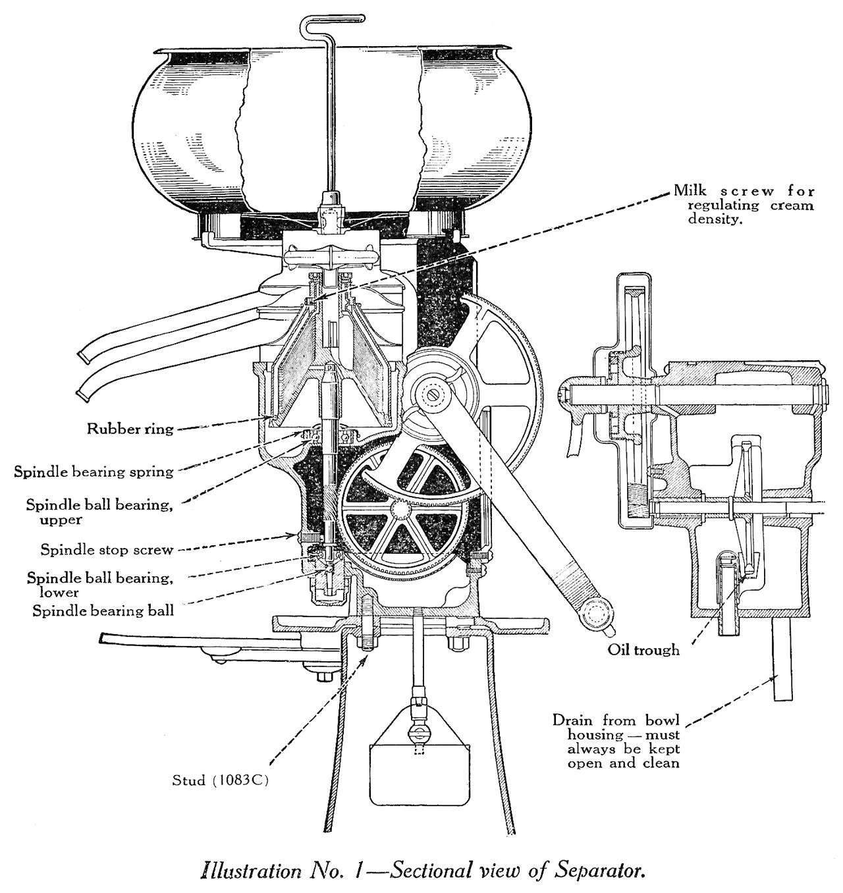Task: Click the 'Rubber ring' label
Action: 130,429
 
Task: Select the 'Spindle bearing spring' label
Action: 94,472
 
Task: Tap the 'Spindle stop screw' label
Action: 107,549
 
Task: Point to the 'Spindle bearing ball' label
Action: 103,610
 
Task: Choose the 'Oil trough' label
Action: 643,649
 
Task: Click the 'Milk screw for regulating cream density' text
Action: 743,205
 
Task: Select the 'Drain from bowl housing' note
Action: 616,741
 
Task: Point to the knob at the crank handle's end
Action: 596,613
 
